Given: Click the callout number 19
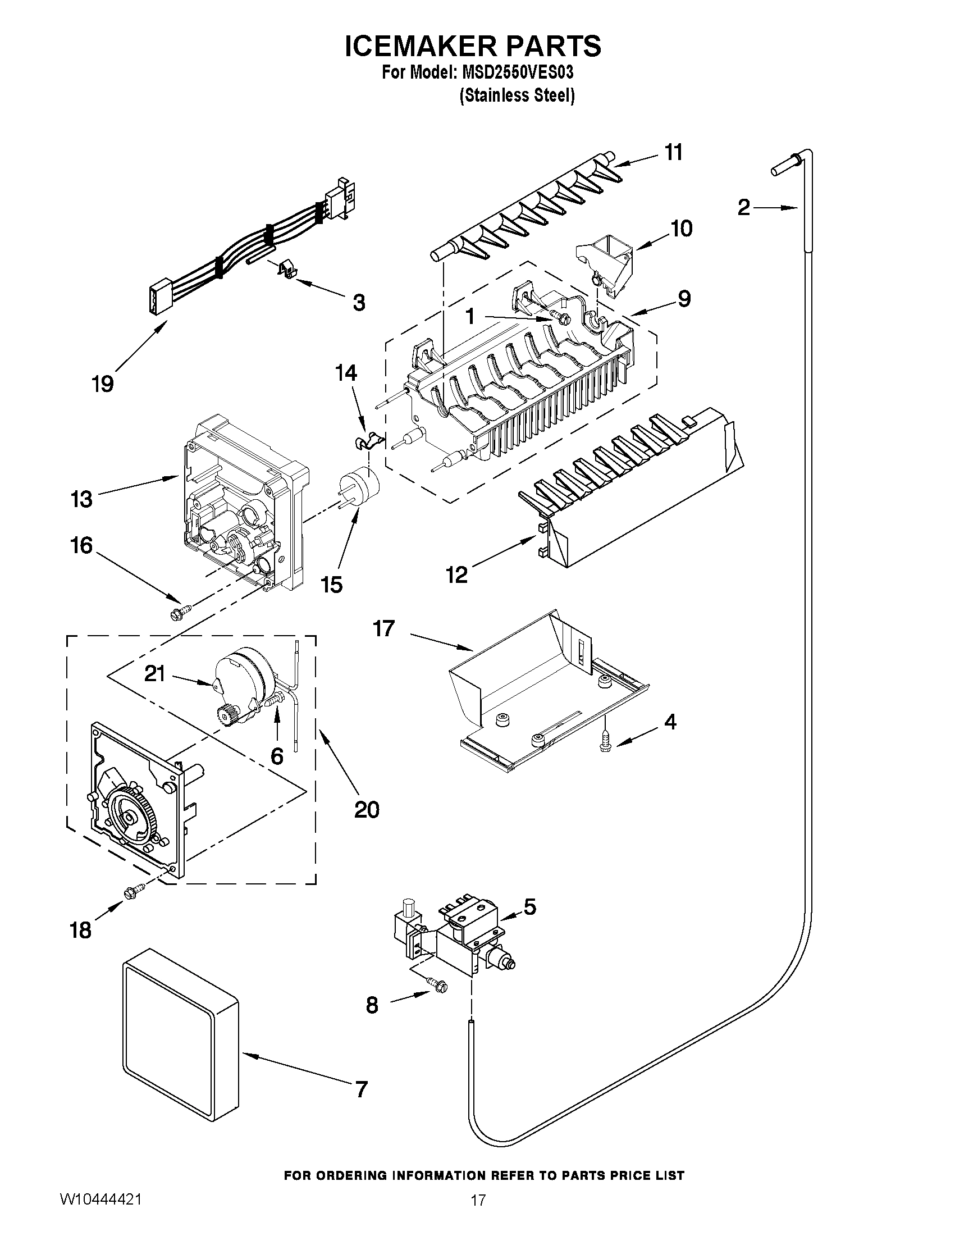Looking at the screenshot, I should (x=103, y=384).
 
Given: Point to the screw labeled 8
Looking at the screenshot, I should (x=437, y=985).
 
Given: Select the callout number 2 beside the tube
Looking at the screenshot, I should (x=743, y=208).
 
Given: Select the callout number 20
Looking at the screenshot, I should (x=367, y=810).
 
